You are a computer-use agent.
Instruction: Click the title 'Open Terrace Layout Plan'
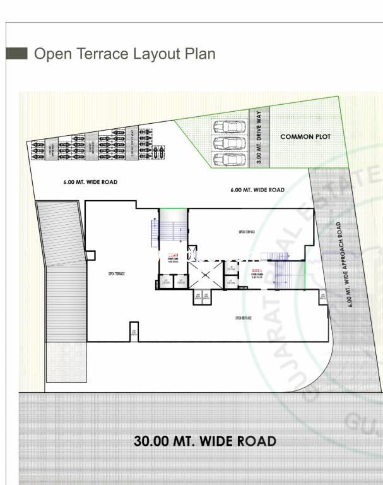(124, 54)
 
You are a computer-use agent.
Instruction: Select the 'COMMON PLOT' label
(305, 136)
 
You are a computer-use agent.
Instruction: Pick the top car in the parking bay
(229, 126)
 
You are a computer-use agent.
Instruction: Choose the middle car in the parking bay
(229, 142)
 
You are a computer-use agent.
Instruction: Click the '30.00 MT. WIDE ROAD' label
(204, 441)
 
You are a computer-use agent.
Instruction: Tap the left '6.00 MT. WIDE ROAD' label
(90, 182)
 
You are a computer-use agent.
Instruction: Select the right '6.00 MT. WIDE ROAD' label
(257, 189)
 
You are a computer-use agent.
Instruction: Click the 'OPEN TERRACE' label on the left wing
(116, 273)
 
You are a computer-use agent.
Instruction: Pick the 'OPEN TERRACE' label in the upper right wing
(246, 232)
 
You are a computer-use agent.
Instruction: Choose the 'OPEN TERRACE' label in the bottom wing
(243, 318)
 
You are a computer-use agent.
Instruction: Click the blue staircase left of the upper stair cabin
(154, 232)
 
